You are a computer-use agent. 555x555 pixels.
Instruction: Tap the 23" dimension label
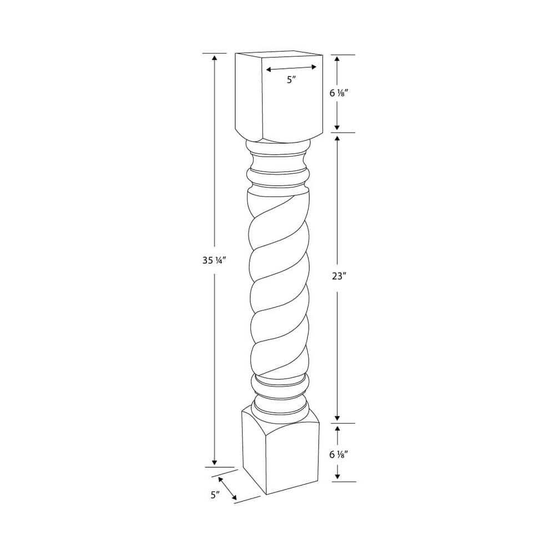pyautogui.click(x=339, y=276)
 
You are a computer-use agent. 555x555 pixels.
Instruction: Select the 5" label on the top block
pyautogui.click(x=291, y=79)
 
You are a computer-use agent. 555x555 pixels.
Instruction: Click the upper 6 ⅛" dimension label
pyautogui.click(x=339, y=93)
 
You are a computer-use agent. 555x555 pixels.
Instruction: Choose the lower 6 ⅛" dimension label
pyautogui.click(x=339, y=454)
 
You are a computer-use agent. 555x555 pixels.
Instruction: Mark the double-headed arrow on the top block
pyautogui.click(x=291, y=68)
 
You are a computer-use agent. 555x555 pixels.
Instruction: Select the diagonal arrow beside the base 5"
pyautogui.click(x=228, y=487)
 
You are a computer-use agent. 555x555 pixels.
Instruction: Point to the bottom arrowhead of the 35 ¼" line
pyautogui.click(x=214, y=463)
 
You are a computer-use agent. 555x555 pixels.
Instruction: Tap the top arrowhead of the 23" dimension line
pyautogui.click(x=337, y=138)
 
